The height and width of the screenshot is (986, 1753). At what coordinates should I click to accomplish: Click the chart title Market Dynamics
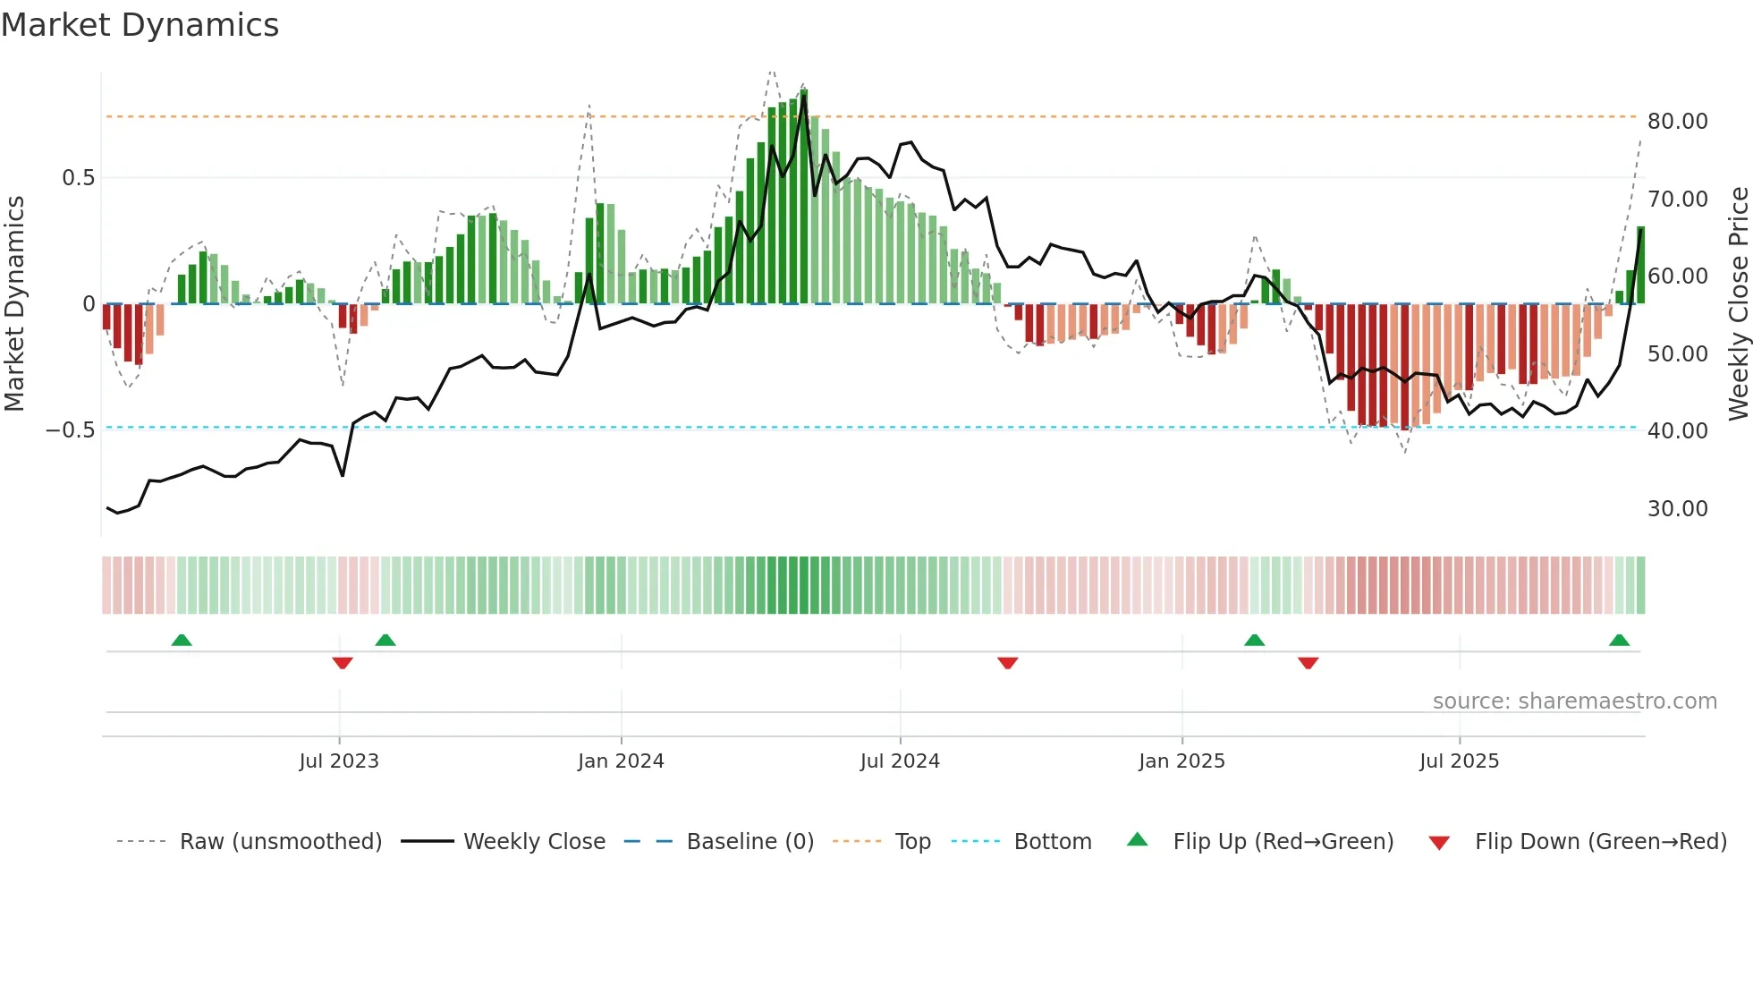coord(140,25)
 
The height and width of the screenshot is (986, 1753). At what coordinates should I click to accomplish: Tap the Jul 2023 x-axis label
coord(339,761)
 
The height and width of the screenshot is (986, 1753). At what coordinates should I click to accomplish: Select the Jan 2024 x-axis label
coord(621,761)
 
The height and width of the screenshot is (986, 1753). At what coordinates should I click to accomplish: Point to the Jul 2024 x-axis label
coord(900,761)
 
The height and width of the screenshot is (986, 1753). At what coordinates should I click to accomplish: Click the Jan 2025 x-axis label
coord(1181,761)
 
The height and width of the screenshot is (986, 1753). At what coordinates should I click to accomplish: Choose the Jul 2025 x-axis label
coord(1459,761)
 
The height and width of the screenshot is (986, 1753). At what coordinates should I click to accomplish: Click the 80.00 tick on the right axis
coord(1677,122)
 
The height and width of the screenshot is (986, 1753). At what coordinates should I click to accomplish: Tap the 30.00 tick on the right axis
coord(1677,509)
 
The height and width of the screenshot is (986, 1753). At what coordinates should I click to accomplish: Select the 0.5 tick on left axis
coord(78,178)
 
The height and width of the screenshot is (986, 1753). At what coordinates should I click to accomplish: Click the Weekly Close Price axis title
coord(1738,304)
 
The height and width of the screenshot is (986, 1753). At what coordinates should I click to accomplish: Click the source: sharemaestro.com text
coord(1574,701)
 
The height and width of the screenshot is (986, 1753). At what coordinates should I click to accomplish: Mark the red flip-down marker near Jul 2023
coord(343,663)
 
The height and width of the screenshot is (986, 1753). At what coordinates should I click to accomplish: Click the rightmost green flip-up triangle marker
coord(1619,640)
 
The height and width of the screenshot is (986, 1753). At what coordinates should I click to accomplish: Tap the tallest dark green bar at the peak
coord(804,197)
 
